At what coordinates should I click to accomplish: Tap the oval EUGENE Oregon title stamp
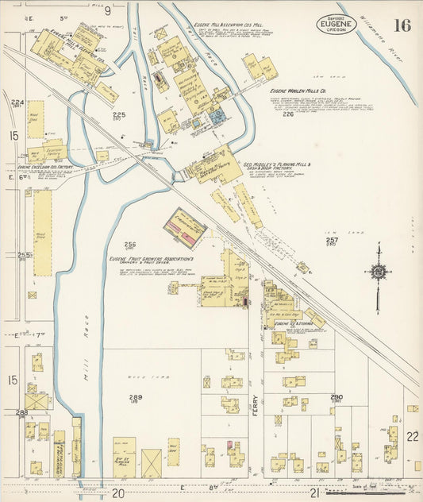(336, 23)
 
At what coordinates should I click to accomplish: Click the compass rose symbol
(378, 272)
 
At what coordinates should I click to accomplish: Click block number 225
(118, 115)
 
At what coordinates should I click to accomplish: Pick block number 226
(286, 114)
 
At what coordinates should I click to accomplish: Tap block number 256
(130, 245)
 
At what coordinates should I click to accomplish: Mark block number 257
(333, 240)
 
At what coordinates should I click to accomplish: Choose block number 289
(136, 396)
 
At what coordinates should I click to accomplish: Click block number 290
(336, 396)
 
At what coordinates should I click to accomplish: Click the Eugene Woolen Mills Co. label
(299, 91)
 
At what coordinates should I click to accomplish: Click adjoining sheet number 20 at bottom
(118, 493)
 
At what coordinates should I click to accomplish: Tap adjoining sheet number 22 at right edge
(411, 436)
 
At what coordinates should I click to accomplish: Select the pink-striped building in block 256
(185, 228)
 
